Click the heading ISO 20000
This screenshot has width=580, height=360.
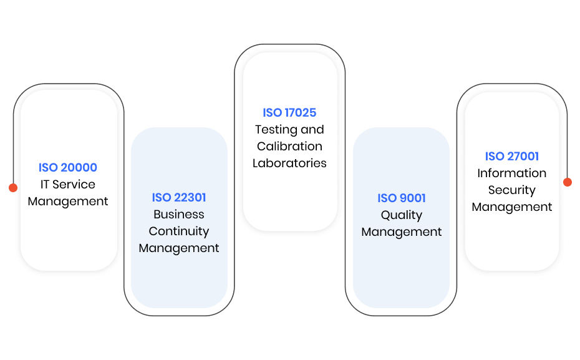click(68, 167)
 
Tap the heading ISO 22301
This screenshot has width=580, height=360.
click(178, 197)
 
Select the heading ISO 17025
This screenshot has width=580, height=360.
click(289, 112)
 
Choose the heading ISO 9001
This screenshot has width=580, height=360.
click(402, 198)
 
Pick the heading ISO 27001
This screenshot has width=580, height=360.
click(512, 156)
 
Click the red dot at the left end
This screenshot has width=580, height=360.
click(13, 188)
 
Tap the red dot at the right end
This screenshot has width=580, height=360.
click(568, 182)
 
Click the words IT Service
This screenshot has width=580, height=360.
click(68, 184)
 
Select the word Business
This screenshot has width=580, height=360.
click(178, 214)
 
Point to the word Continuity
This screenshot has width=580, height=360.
click(178, 231)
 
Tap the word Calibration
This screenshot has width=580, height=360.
click(289, 146)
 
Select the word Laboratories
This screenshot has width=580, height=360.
click(289, 163)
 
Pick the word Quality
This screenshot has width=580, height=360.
click(402, 215)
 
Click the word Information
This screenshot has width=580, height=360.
click(512, 173)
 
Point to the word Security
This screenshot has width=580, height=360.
click(512, 190)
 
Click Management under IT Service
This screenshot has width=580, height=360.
click(68, 202)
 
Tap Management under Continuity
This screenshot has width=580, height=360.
click(178, 248)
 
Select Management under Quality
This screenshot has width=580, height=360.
click(402, 232)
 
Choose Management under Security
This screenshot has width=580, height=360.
click(512, 207)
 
